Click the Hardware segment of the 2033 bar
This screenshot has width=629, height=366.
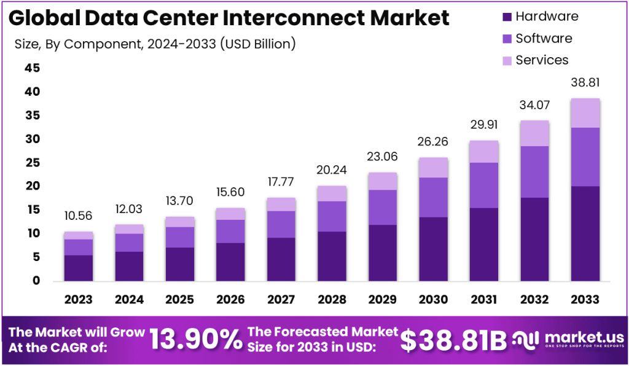[585, 233]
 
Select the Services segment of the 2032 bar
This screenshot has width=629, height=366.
[533, 133]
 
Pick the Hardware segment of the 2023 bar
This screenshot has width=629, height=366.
[79, 268]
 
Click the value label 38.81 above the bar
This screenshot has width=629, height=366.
[585, 83]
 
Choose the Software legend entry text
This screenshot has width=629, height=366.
[544, 38]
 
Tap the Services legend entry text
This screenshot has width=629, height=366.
[542, 60]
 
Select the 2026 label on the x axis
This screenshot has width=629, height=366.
[229, 300]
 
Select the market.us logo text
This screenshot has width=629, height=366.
[584, 338]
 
